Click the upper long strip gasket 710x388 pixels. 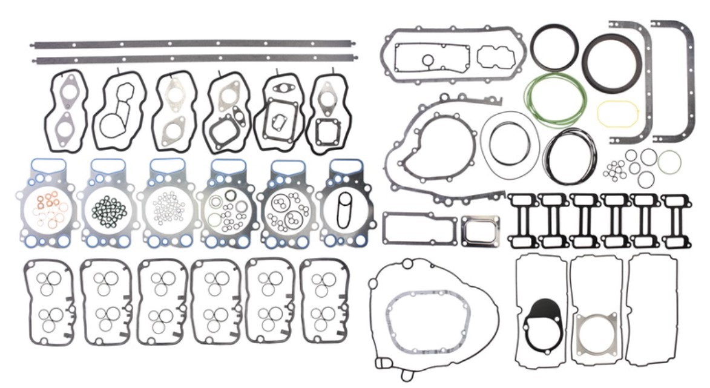(x=194, y=44)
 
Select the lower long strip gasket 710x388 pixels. (x=194, y=59)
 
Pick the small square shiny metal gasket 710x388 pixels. (x=480, y=231)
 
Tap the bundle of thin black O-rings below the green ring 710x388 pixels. (x=569, y=156)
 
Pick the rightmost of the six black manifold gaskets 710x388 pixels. (x=676, y=220)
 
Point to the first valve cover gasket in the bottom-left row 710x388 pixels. (x=48, y=301)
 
